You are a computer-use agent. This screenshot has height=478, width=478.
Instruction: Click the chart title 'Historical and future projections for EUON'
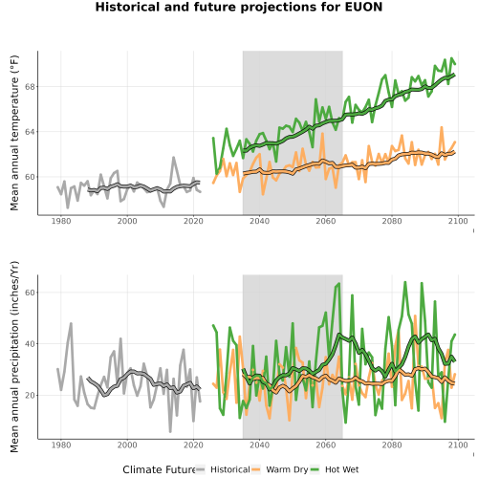pos(239,7)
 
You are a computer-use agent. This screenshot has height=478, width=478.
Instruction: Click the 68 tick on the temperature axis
pos(29,87)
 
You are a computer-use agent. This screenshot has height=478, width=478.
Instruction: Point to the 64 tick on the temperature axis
pos(29,132)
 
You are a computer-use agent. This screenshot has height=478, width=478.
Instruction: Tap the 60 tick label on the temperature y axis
pos(29,177)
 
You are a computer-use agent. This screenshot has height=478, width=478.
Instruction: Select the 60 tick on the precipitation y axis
pos(29,293)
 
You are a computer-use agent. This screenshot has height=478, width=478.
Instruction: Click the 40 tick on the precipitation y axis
pos(29,344)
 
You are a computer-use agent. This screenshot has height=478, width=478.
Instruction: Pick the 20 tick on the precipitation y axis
pos(29,396)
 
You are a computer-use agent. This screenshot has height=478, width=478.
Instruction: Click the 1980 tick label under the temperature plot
pos(61,221)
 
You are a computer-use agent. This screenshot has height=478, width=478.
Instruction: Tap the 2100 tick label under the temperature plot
pos(458,221)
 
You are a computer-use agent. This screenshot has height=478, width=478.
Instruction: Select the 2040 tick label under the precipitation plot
pos(259,445)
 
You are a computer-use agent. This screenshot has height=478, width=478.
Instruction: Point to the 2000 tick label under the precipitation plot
pos(127,445)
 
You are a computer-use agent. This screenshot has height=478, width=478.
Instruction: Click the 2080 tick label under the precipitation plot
pos(392,445)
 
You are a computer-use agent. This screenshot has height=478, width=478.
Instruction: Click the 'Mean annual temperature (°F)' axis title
pos(14,133)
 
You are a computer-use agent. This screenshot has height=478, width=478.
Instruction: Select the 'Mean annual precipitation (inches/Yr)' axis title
pos(14,357)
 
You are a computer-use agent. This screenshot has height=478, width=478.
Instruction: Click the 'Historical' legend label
pos(230,469)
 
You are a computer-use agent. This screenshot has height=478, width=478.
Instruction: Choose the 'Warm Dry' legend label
pos(287,469)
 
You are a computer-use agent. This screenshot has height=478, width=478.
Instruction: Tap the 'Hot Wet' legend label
pos(341,469)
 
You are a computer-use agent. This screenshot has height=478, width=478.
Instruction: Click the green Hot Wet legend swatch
pos(315,469)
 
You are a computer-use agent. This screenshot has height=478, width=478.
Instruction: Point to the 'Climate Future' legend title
pos(159,469)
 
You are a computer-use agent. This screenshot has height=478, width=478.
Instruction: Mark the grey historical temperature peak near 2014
pos(173,157)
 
